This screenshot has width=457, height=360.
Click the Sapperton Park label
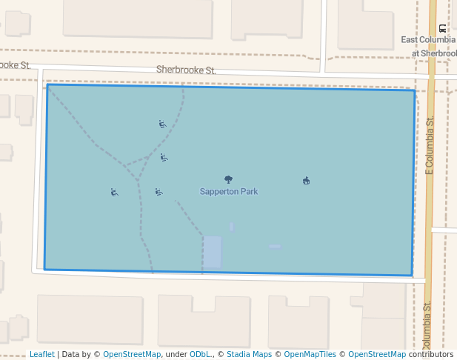point(229,192)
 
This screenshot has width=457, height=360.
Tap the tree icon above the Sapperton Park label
point(228,179)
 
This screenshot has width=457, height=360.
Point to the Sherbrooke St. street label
point(186,70)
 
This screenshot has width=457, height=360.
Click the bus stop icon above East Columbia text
point(442,27)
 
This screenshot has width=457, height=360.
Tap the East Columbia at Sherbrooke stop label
point(429,46)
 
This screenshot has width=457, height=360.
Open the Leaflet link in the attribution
point(41,355)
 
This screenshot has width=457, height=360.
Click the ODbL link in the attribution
point(200,355)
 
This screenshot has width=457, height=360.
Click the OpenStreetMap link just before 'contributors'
point(377,355)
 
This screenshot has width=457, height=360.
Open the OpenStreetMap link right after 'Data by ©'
point(132,355)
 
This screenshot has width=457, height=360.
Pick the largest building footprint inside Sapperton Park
point(213,252)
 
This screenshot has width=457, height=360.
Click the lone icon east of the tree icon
point(306,181)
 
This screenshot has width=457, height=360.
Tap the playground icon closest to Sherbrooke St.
point(162,124)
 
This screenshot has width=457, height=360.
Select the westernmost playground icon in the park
point(114,193)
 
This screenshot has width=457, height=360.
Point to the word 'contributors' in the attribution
point(431,355)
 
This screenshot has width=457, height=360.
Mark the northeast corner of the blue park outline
point(414,90)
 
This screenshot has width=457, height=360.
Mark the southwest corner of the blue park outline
point(44,269)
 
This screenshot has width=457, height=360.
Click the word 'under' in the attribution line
point(175,355)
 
